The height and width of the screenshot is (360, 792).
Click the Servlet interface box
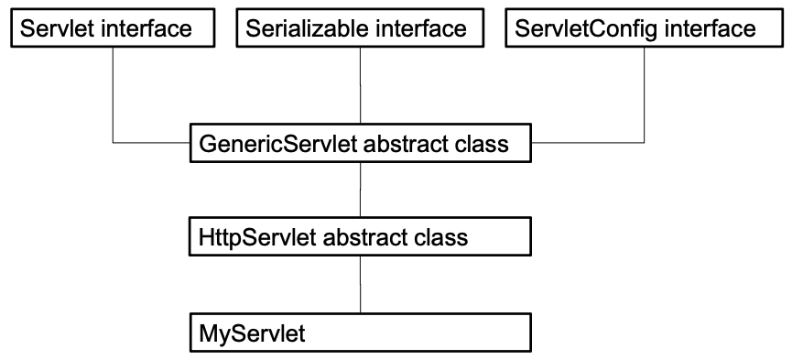(x=112, y=28)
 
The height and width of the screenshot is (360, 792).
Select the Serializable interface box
(x=362, y=28)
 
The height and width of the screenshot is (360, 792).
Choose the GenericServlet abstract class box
(x=361, y=144)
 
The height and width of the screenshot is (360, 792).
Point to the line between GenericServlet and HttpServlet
(x=361, y=191)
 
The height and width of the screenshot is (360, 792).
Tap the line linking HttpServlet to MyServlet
(x=361, y=284)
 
